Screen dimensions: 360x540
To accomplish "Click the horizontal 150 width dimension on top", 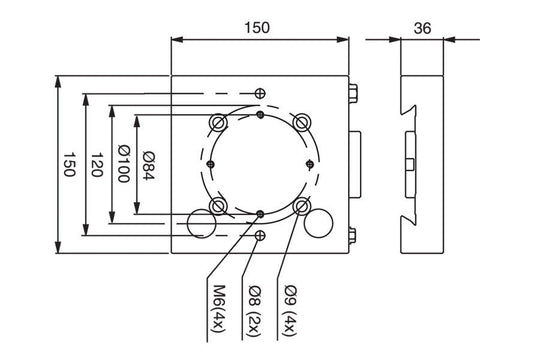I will click(x=258, y=29).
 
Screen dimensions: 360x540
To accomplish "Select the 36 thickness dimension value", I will click(x=421, y=29).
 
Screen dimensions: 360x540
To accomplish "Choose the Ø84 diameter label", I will click(x=148, y=165).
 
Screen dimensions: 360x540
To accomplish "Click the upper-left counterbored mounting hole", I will click(x=218, y=122).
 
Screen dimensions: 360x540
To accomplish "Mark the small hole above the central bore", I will click(x=260, y=93).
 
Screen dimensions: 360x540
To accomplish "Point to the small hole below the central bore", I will click(x=260, y=236).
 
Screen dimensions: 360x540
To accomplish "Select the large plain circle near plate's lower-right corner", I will click(x=320, y=222).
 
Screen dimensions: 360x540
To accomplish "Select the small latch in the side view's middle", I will click(x=412, y=165).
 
